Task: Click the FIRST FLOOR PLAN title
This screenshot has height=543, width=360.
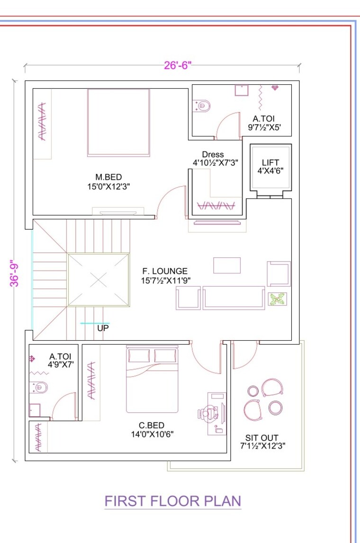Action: click(x=172, y=501)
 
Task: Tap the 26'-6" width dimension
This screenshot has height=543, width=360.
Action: click(x=177, y=65)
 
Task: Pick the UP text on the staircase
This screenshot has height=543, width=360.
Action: click(x=103, y=327)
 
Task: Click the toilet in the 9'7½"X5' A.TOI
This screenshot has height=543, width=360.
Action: click(x=202, y=105)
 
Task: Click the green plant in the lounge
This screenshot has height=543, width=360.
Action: click(x=277, y=299)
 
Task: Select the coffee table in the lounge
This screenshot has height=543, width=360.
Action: click(x=226, y=265)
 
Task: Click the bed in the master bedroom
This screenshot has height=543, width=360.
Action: click(x=118, y=122)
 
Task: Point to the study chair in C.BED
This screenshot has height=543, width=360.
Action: click(x=206, y=413)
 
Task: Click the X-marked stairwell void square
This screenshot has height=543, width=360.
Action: click(x=98, y=280)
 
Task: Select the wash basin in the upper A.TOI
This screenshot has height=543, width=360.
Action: click(x=242, y=90)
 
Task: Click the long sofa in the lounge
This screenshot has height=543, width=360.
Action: click(x=234, y=298)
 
